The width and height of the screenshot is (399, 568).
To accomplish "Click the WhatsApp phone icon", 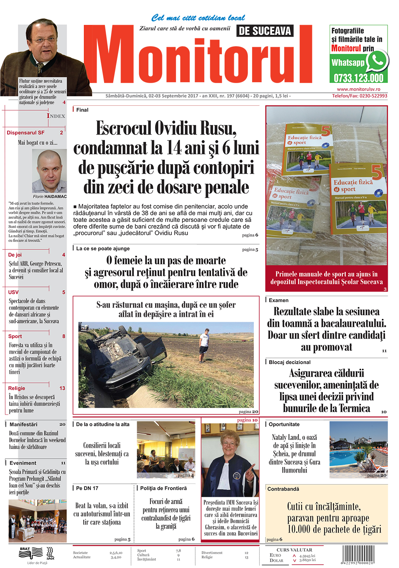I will pyautogui.click(x=376, y=61).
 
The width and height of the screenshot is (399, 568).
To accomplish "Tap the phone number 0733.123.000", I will pyautogui.click(x=358, y=78).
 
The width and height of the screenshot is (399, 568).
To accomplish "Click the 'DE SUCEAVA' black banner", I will pyautogui.click(x=265, y=31).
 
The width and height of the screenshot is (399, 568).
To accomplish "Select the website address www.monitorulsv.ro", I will pyautogui.click(x=358, y=89).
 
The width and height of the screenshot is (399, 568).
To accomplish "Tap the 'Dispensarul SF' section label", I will pyautogui.click(x=26, y=133).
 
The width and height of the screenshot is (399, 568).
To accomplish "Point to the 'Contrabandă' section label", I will pyautogui.click(x=283, y=489).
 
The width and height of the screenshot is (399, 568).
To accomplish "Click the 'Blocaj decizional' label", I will pyautogui.click(x=290, y=362).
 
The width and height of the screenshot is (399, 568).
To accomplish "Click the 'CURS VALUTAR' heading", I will pyautogui.click(x=294, y=550).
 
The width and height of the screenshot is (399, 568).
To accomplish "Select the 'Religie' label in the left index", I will pyautogui.click(x=17, y=388).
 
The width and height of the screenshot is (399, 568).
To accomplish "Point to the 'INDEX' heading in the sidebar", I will pyautogui.click(x=56, y=116).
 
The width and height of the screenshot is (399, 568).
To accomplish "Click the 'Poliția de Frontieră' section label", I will pyautogui.click(x=164, y=488).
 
